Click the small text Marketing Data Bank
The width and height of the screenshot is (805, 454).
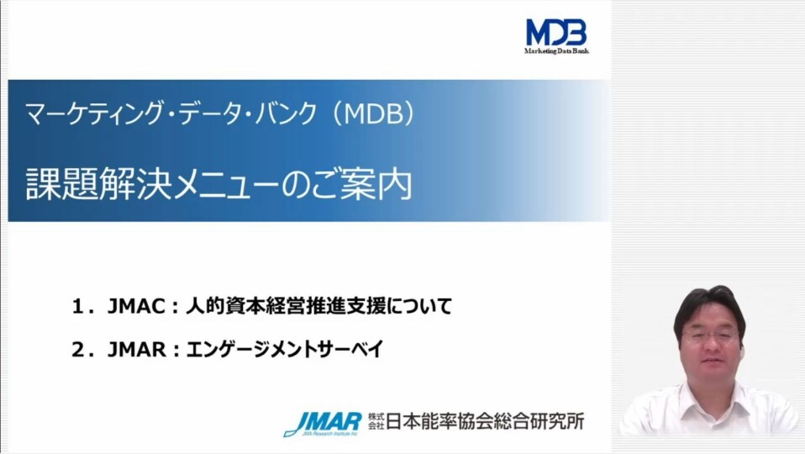tap(556, 51)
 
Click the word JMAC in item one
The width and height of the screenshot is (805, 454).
tap(134, 307)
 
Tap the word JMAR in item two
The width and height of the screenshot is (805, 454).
tap(134, 350)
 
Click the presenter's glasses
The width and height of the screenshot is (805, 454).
tap(709, 335)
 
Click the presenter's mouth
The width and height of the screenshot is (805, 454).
tap(711, 362)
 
